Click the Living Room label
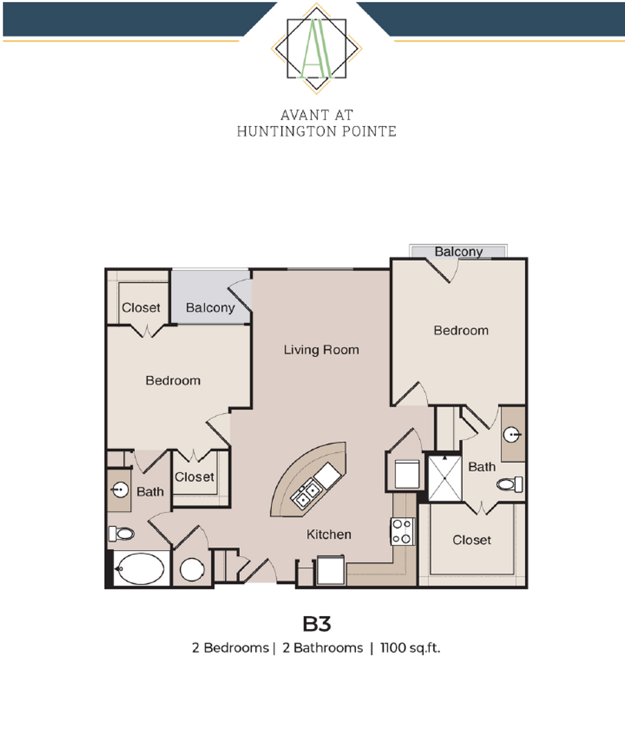pos(321,350)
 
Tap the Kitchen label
pos(329,534)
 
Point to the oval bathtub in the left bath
pos(140,569)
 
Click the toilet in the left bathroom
pos(121,533)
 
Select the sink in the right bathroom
pos(512,435)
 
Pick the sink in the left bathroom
pos(119,490)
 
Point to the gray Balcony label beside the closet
pos(210,308)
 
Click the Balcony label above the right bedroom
pos(459,252)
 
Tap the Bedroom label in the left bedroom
pos(173,380)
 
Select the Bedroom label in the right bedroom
pos(461,330)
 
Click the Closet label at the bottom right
pos(472,539)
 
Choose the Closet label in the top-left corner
pos(141,308)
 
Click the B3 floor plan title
pos(317,624)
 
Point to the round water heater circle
pos(192,569)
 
